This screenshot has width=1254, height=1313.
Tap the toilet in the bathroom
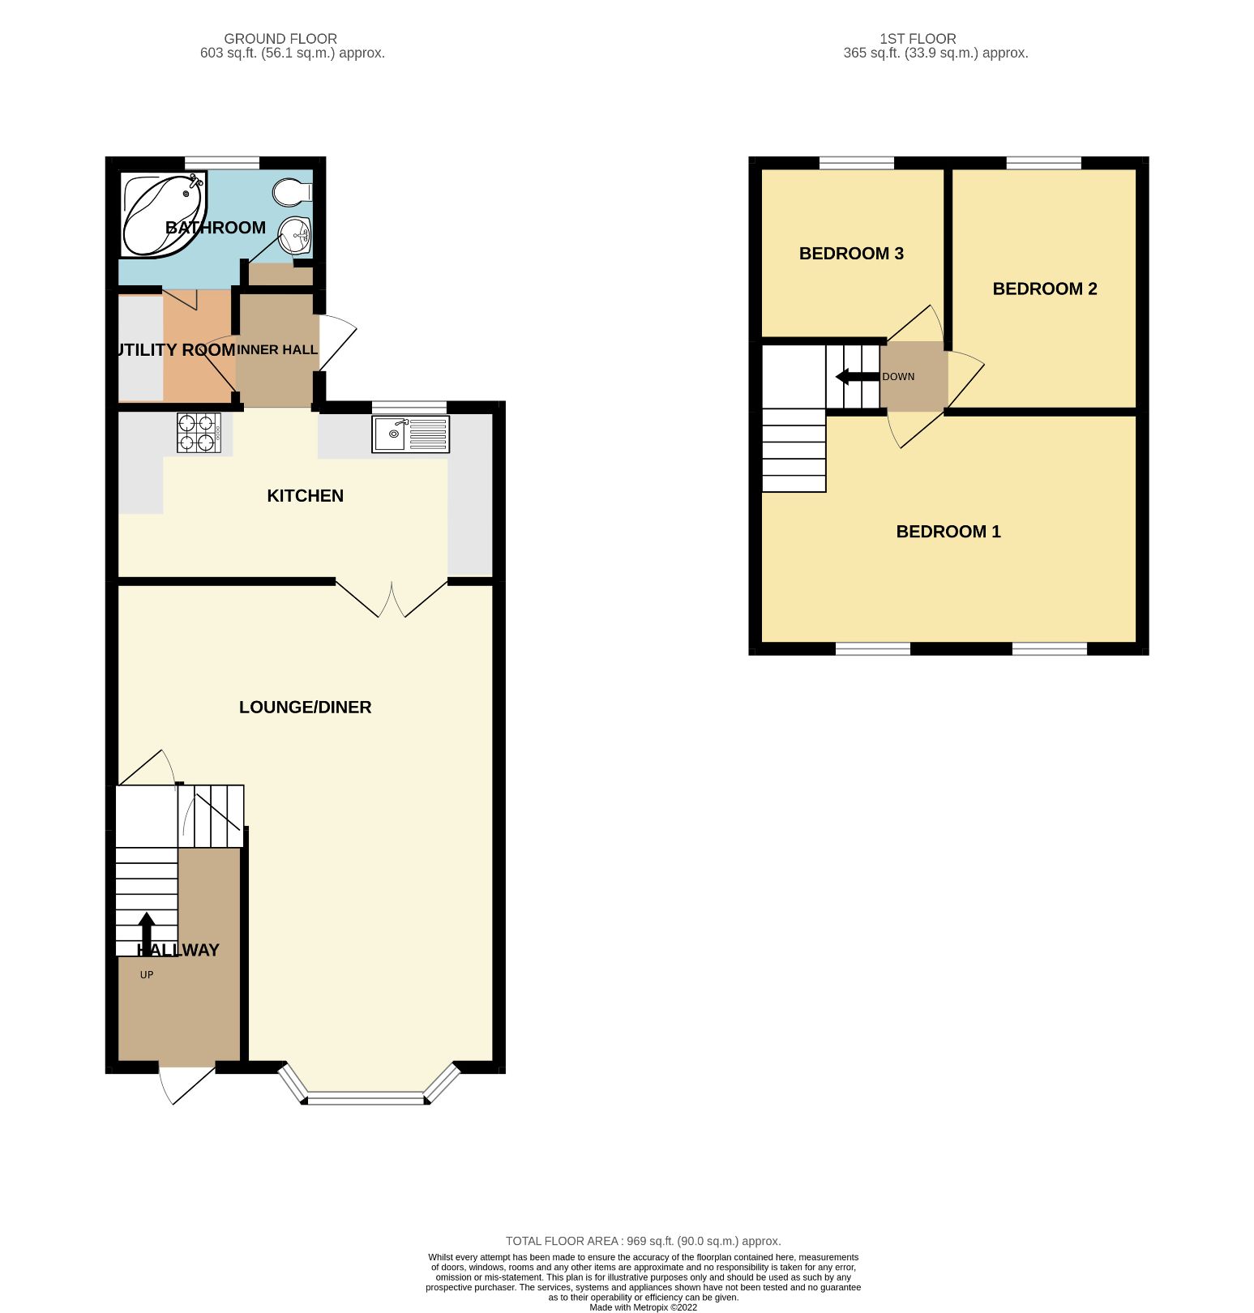[x=291, y=192]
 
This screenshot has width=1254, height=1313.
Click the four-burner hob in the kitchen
[x=199, y=433]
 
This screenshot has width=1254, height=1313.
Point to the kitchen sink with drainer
[x=410, y=434]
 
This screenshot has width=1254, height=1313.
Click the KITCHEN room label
[x=306, y=496]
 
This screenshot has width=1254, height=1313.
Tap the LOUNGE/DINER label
[x=305, y=708]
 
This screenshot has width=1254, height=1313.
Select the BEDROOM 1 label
[x=948, y=532]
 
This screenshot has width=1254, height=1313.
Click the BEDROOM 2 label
[x=1044, y=289]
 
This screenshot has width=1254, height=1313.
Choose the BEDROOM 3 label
[x=851, y=254]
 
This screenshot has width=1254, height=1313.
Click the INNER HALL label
[x=276, y=350]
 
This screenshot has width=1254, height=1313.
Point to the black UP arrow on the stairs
[x=147, y=932]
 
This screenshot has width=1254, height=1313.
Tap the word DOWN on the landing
[x=898, y=377]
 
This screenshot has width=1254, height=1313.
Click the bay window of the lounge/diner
[x=366, y=1098]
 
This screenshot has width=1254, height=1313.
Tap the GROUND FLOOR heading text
[x=280, y=39]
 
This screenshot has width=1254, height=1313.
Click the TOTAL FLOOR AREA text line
[x=643, y=1241]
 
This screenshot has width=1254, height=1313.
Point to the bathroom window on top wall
[x=221, y=162]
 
